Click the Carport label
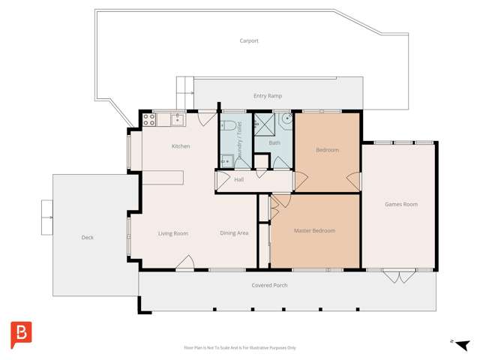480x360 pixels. pyautogui.click(x=248, y=40)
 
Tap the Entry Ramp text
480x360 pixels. pyautogui.click(x=268, y=95)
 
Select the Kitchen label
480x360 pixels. pyautogui.click(x=181, y=146)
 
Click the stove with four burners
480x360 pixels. pyautogui.click(x=148, y=118)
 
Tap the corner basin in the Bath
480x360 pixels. pyautogui.click(x=285, y=120)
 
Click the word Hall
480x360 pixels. pyautogui.click(x=238, y=180)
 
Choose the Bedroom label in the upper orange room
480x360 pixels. pyautogui.click(x=327, y=150)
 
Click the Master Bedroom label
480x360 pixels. pyautogui.click(x=314, y=231)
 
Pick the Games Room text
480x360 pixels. pyautogui.click(x=400, y=204)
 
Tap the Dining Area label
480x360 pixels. pyautogui.click(x=234, y=233)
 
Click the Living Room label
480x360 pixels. pyautogui.click(x=172, y=233)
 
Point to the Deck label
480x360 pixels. pyautogui.click(x=87, y=238)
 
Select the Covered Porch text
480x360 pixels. pyautogui.click(x=269, y=285)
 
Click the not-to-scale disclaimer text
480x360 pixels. pyautogui.click(x=240, y=347)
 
